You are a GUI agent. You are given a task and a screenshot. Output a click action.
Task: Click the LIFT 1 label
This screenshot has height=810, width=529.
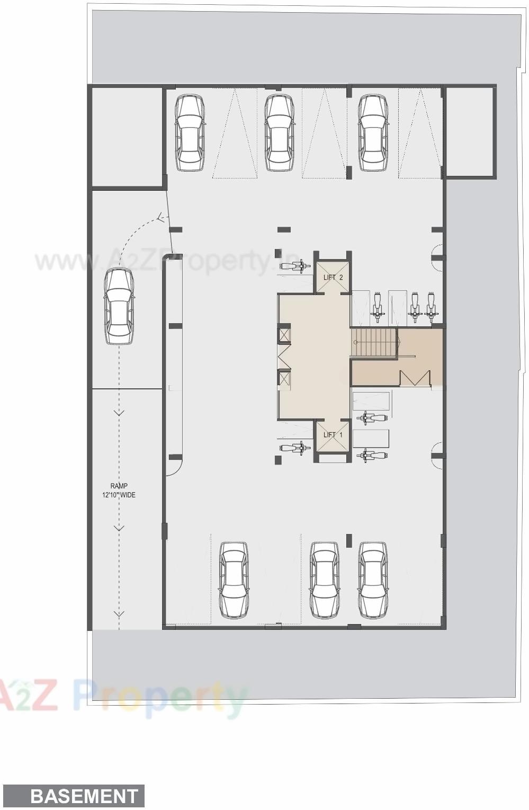pos(333,434)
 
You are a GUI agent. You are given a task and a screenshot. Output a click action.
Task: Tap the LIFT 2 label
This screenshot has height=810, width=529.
pos(333,278)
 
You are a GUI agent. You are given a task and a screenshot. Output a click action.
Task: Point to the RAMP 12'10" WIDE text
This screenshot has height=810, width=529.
pos(119,491)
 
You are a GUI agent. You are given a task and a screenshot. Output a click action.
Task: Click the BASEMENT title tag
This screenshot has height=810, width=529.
pos(84,796)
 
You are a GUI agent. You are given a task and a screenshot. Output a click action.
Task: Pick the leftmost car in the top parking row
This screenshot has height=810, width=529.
pos(190,132)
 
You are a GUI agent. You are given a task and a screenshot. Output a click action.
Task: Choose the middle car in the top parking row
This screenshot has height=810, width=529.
pos(280,132)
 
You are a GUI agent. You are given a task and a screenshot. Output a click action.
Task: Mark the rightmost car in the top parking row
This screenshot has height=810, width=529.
pos(373,132)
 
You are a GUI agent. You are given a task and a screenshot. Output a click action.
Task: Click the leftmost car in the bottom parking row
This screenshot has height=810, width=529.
pos(234,580)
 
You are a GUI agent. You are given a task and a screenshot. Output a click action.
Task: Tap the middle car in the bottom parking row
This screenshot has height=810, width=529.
pos(324,580)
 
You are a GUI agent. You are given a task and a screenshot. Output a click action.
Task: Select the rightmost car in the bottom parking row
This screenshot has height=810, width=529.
pos(373,580)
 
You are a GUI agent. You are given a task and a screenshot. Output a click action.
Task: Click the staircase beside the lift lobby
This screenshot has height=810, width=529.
pos(374,343)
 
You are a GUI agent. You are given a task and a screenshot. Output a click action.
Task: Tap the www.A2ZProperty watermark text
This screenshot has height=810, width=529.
pos(164,261)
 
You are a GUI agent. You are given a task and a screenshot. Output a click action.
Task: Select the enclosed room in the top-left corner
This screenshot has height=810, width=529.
pos(127,138)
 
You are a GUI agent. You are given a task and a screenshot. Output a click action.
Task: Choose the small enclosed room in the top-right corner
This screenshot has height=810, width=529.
pos(470,131)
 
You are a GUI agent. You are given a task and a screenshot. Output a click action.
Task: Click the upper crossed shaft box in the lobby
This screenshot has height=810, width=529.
pos(284,335)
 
